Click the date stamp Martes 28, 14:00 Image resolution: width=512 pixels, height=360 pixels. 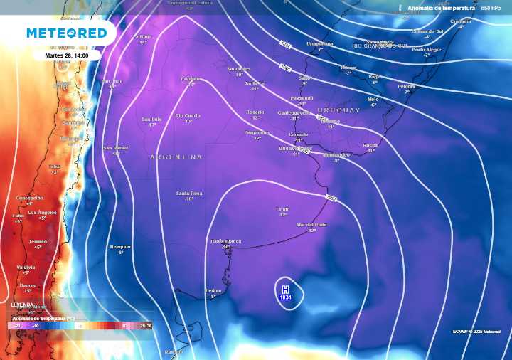coord(65,55)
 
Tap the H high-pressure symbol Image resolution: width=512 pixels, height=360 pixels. coord(285,290)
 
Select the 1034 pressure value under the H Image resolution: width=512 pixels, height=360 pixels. coord(286,298)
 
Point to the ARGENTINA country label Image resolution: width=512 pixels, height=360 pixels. coord(176,157)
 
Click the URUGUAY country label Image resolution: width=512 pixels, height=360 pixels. coord(338,110)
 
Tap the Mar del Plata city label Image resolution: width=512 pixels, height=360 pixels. coord(311,225)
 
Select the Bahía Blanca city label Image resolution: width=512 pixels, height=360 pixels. coord(226,241)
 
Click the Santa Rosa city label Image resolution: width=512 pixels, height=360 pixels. coord(190,194)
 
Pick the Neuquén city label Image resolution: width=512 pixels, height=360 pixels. coord(120,247)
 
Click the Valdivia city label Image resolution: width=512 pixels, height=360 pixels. coord(26,268)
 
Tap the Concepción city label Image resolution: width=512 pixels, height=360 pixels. coord(30,198)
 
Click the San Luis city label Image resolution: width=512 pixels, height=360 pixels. coord(151,119)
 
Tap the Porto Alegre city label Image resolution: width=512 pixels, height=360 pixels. coord(427,50)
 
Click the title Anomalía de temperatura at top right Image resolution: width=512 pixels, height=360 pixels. coord(441,8)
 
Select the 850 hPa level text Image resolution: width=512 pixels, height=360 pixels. coord(491,8)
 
